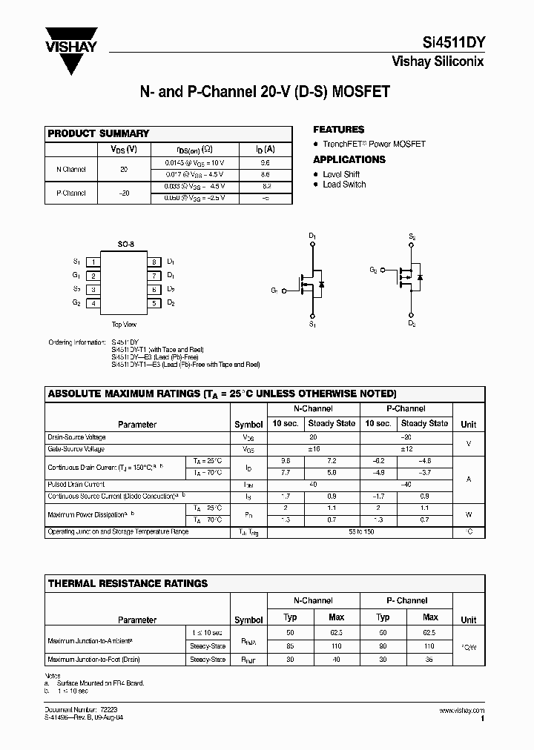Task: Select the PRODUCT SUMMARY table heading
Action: pos(99,133)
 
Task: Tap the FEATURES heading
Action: pos(338,129)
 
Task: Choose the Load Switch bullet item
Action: pos(344,185)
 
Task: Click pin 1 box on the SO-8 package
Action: pos(93,262)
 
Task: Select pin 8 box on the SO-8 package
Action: pos(154,262)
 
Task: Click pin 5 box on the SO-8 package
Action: pos(154,303)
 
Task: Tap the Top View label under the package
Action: pos(124,324)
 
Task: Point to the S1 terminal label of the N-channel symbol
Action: pos(312,325)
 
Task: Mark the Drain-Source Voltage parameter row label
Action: pos(76,437)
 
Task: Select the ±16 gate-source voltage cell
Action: pos(313,449)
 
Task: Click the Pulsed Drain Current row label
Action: pos(76,484)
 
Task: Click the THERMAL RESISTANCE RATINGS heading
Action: pos(128,583)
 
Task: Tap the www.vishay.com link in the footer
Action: pos(462,710)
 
